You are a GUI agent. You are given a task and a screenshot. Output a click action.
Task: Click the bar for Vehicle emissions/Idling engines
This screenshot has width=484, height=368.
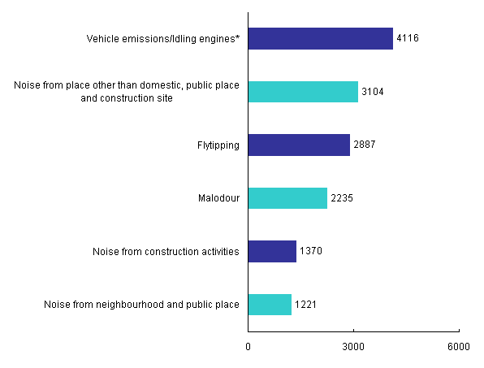(x=320, y=39)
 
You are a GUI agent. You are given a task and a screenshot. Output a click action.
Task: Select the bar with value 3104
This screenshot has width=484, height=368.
(x=302, y=92)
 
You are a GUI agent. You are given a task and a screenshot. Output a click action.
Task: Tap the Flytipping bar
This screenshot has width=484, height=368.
(x=298, y=145)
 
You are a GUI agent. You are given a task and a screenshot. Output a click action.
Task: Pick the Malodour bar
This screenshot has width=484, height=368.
(x=287, y=198)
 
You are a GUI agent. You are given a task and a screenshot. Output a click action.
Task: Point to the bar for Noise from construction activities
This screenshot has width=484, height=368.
(x=271, y=252)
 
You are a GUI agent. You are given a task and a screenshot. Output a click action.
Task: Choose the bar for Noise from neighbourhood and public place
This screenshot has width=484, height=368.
(x=269, y=305)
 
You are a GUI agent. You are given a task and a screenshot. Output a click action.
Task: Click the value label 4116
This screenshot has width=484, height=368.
(x=407, y=39)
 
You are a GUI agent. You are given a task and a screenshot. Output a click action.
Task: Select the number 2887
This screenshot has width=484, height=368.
(x=364, y=145)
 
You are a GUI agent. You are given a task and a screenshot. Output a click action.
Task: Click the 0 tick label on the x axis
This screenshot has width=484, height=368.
(x=248, y=346)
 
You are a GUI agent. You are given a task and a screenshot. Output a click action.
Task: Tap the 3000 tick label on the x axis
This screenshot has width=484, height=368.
(x=353, y=346)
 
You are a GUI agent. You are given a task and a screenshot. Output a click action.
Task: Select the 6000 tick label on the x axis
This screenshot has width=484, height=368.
(x=459, y=346)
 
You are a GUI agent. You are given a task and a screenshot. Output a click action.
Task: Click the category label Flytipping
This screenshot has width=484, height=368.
(x=218, y=145)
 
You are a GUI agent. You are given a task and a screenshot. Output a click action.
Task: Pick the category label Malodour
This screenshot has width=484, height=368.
(x=219, y=198)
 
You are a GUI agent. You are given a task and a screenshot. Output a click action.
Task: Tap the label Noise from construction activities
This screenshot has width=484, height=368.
(x=166, y=252)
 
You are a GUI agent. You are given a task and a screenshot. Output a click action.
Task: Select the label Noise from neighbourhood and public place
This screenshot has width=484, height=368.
(x=141, y=305)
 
